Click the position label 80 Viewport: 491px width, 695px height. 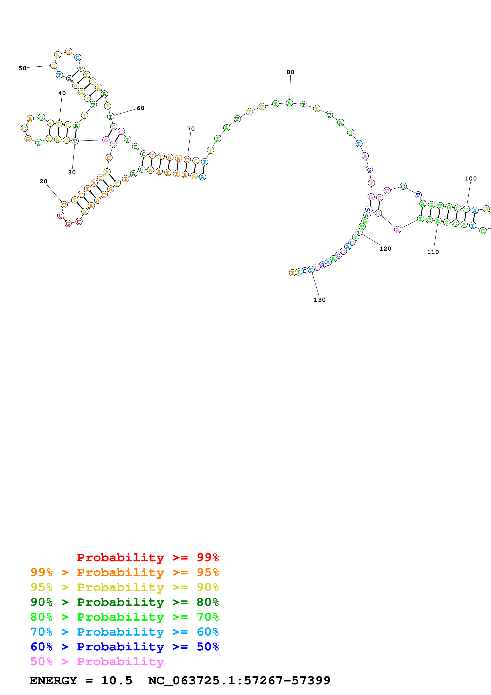coord(290,72)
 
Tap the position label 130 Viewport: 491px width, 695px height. coord(319,300)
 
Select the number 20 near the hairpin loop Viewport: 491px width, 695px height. coord(44,181)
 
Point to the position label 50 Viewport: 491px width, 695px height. coord(22,68)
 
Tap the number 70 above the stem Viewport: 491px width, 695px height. coord(191,129)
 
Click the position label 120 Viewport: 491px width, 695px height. coord(385,248)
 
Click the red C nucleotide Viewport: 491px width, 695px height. coord(79,221)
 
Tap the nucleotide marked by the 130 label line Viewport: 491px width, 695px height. coord(311,270)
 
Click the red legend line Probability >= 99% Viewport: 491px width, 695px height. coord(148,557)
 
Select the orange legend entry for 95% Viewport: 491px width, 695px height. coord(124,572)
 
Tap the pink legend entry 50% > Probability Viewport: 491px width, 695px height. coord(97,661)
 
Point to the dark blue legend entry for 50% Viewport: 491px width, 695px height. coord(124,647)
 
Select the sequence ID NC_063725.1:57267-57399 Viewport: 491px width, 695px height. coord(239,681)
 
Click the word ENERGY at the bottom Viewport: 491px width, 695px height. coord(53,681)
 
